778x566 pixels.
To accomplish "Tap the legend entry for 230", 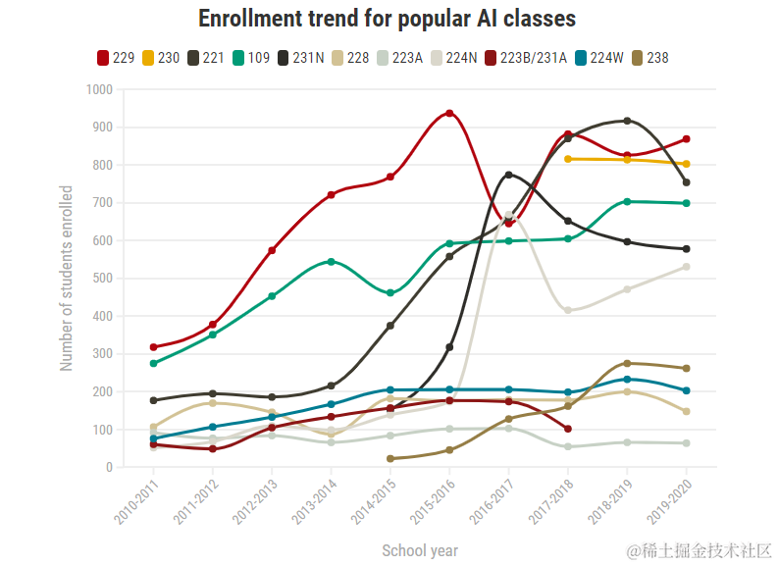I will coord(161,58).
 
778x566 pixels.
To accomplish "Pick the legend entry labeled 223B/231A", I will coord(525,58).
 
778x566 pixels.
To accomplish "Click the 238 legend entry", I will coord(649,58).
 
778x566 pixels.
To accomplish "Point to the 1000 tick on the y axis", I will coord(100,89).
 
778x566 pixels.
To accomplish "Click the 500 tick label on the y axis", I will coord(103,279).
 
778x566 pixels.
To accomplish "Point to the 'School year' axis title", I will coord(420,550).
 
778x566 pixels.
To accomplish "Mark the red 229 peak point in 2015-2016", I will coord(449,113).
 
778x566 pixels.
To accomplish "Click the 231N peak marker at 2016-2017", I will coord(508,175).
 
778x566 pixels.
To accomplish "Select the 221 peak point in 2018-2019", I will coord(627,121).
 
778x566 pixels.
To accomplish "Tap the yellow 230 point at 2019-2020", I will coord(686,164).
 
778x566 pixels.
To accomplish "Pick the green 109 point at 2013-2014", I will coord(331,262).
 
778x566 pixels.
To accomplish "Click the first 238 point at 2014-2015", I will coord(390,459).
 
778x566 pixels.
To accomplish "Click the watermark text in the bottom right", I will coord(700,549).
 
